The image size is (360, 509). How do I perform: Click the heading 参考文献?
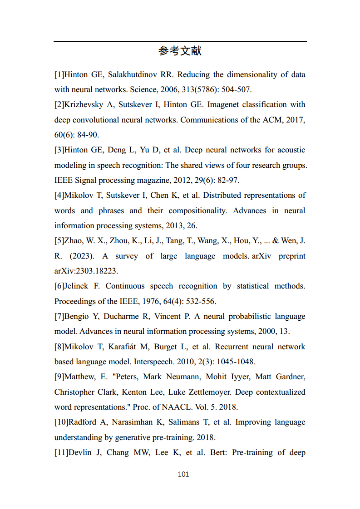point(180,51)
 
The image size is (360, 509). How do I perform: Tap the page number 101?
point(183,474)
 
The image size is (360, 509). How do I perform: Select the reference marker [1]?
point(59,74)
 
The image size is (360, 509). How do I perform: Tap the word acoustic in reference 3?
point(291,150)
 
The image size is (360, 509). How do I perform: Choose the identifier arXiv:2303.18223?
point(86,271)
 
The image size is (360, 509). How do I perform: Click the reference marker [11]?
point(61,452)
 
